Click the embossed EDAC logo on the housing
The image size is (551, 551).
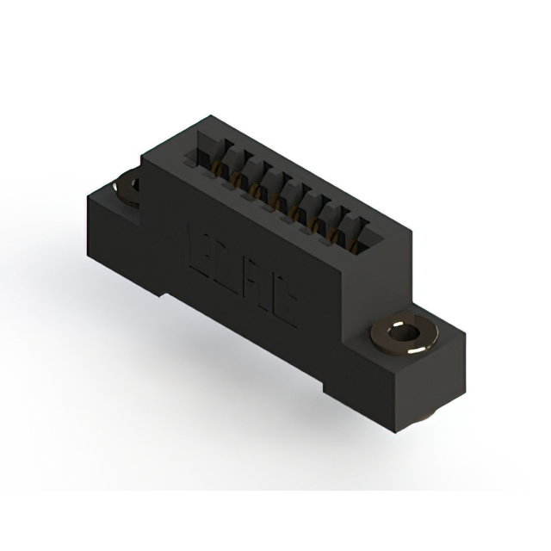(242, 271)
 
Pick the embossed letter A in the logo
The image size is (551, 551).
(256, 281)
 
